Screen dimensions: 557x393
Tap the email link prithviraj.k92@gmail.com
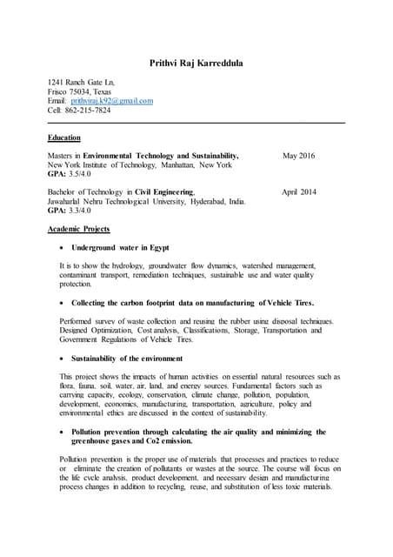pyautogui.click(x=111, y=101)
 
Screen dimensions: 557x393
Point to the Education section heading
pyautogui.click(x=63, y=138)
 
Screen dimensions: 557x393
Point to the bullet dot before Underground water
pyautogui.click(x=59, y=248)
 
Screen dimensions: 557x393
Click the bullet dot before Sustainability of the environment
pyautogui.click(x=59, y=358)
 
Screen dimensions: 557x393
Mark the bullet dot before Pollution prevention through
pyautogui.click(x=59, y=432)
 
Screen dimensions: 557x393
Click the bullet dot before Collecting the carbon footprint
pyautogui.click(x=59, y=303)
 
